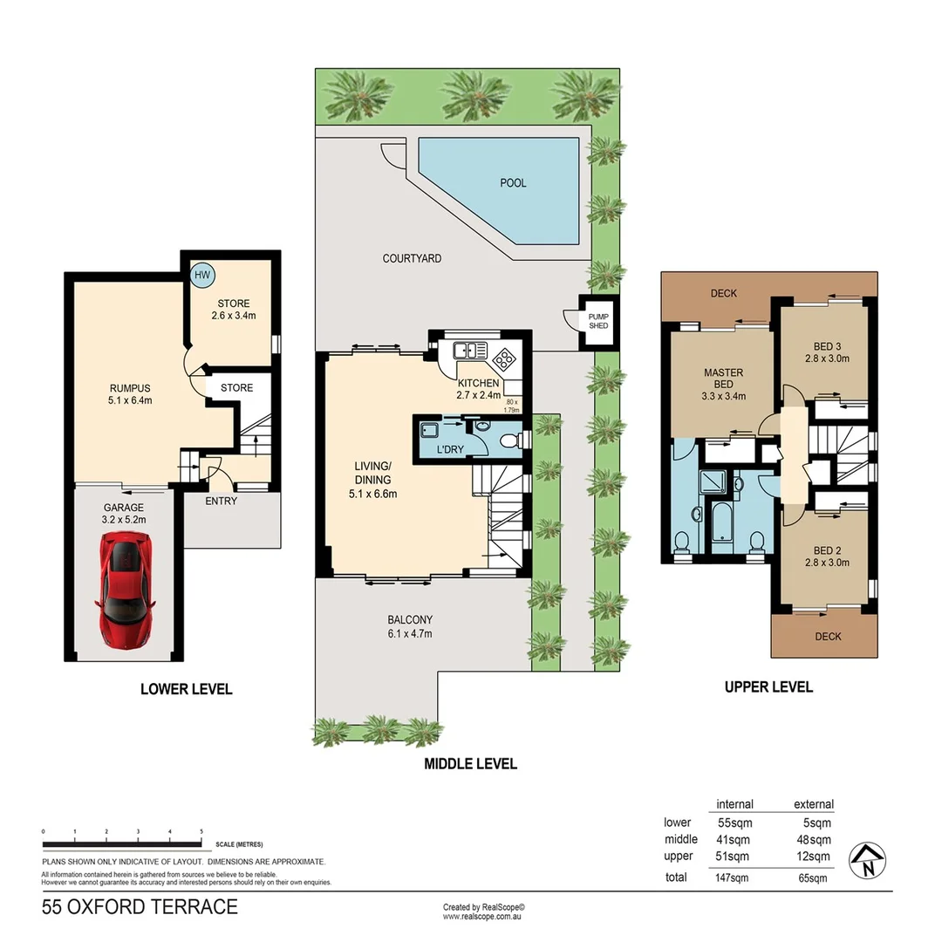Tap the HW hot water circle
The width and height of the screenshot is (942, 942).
(202, 275)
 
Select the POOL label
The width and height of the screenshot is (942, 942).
(513, 183)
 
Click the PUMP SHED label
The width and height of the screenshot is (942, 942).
(598, 320)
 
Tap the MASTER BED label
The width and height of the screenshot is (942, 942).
(723, 379)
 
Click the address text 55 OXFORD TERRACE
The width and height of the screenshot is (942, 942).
(140, 907)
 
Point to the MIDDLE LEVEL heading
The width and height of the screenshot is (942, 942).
(470, 764)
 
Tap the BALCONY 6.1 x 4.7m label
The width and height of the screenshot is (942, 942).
(410, 627)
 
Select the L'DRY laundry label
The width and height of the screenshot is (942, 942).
(448, 448)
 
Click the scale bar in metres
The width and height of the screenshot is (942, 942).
(123, 843)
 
